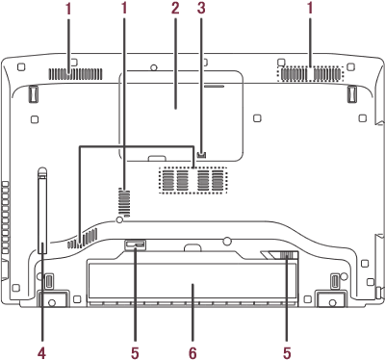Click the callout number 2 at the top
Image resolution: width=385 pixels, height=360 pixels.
pos(175,9)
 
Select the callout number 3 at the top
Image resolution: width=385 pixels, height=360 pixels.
pos(201,9)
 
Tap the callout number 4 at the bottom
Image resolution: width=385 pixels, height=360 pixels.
pos(41,353)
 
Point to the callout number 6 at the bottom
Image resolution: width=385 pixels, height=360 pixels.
pos(192,353)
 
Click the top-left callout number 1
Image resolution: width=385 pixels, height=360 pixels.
pos(68,9)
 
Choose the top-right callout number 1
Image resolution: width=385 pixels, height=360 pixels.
pos(310,9)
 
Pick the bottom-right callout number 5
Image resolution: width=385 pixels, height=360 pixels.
pos(287,353)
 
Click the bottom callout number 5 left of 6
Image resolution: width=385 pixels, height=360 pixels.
pos(135,353)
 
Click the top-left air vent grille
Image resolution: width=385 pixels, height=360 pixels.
pos(75,74)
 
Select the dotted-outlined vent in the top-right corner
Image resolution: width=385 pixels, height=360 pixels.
pos(310,74)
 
